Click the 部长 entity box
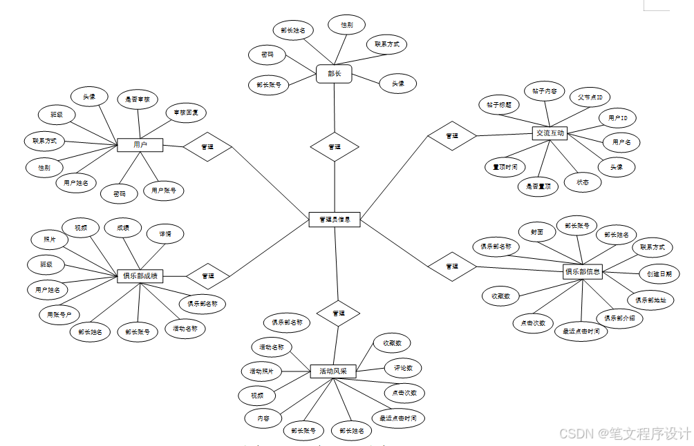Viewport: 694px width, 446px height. click(335, 74)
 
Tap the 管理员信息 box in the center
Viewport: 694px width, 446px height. click(335, 220)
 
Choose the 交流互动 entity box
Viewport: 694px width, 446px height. click(550, 133)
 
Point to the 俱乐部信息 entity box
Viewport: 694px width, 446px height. click(583, 272)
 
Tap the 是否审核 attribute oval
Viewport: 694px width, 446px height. click(137, 99)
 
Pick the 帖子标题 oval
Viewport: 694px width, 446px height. click(498, 105)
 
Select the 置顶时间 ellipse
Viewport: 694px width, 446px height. click(505, 167)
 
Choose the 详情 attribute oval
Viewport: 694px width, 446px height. click(165, 234)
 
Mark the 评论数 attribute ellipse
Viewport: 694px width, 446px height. click(403, 368)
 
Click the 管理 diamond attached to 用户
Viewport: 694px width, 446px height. click(207, 147)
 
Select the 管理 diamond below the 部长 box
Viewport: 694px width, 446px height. click(335, 147)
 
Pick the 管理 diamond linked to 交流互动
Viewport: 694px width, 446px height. click(451, 136)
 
